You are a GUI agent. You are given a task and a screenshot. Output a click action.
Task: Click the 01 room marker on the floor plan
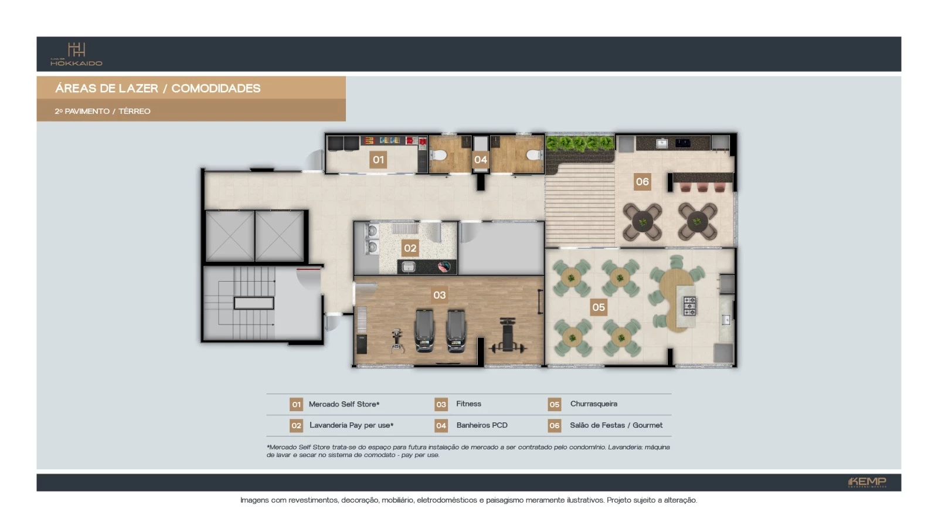379,160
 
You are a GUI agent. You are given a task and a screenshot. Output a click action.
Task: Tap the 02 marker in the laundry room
410,248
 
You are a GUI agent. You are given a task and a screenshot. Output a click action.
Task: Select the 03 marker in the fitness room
440,295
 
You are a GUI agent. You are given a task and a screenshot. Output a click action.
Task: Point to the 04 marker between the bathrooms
481,160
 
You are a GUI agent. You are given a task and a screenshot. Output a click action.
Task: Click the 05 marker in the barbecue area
599,307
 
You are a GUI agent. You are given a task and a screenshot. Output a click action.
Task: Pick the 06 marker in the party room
643,182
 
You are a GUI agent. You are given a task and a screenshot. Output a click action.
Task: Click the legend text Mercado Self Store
344,404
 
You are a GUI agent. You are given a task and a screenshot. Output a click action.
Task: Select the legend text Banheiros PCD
482,425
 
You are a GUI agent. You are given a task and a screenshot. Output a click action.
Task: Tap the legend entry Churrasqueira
593,404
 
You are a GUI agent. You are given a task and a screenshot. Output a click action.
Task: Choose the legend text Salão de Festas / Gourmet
616,425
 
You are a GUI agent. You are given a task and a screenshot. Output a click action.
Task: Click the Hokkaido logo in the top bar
76,54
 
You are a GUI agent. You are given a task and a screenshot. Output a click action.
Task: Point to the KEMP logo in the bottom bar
867,482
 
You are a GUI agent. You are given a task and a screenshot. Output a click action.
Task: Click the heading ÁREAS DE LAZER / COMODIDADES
158,89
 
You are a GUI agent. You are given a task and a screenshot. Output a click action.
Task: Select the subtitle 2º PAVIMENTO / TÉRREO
103,111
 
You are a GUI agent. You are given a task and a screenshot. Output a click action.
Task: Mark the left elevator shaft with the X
230,236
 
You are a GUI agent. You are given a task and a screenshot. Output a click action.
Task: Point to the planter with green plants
579,144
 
